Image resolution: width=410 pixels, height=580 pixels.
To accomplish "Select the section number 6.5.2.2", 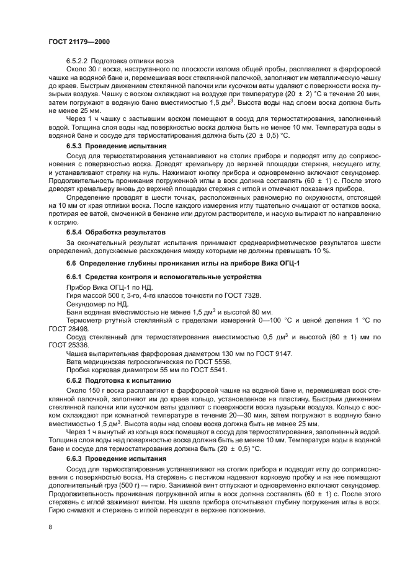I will coord(78,60).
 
